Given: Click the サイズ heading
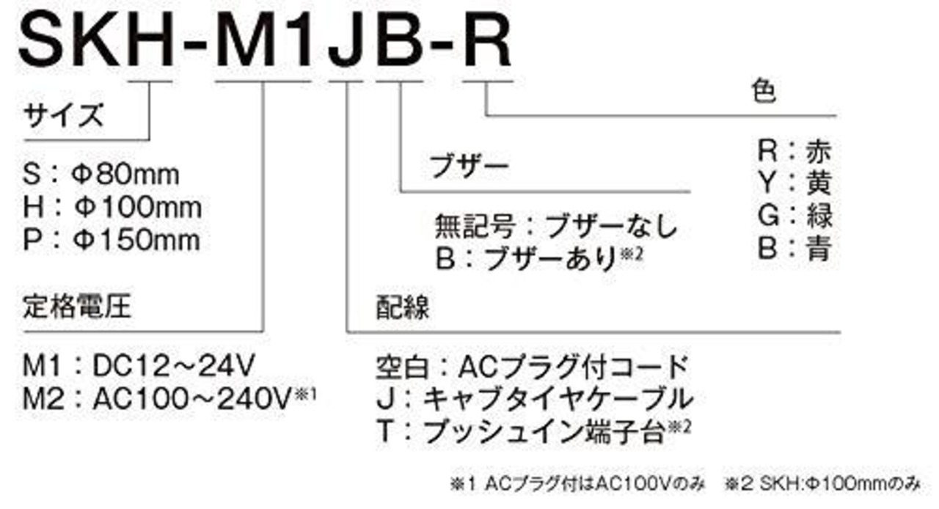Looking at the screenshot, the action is (x=63, y=115).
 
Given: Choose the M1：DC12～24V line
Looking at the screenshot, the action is (x=140, y=365).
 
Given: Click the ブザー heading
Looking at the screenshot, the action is (x=469, y=166).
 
